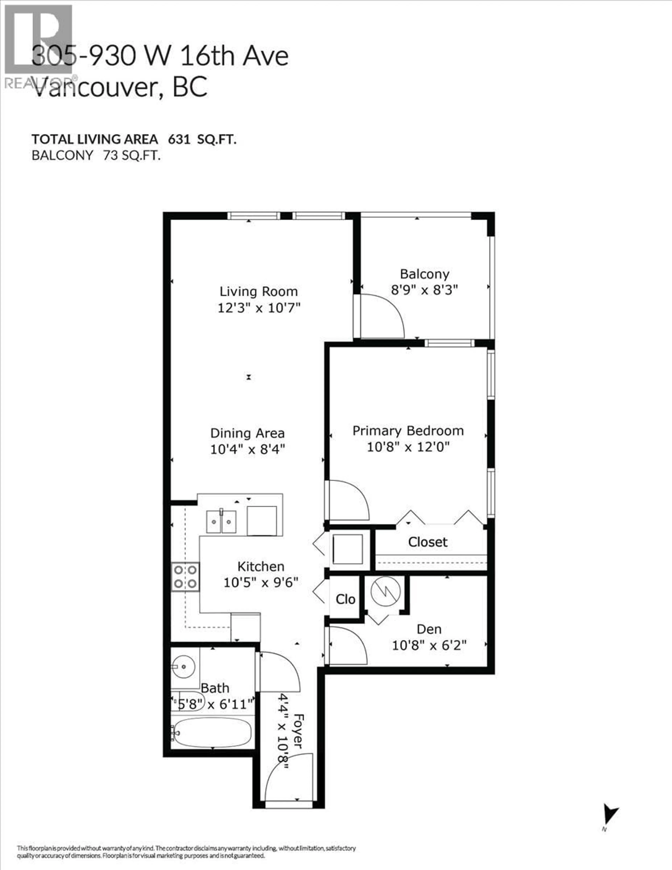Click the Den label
tap(429, 629)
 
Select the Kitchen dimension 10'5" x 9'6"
tap(261, 583)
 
